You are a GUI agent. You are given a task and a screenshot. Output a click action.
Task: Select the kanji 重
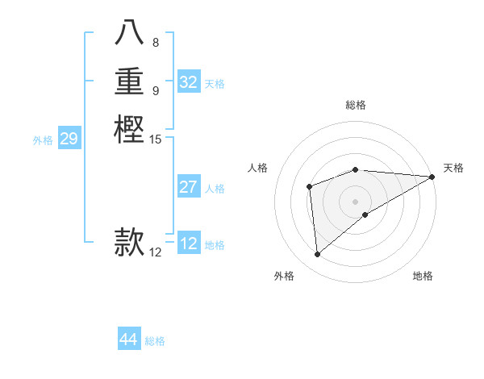(130, 82)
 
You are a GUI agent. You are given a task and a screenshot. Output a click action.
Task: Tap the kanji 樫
(130, 130)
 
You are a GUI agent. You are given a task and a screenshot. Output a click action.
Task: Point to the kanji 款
(130, 241)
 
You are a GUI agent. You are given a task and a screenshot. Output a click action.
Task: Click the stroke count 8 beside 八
(156, 43)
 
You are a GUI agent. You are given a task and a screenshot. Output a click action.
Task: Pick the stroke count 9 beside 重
(156, 90)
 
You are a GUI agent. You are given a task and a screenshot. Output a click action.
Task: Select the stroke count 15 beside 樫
(156, 140)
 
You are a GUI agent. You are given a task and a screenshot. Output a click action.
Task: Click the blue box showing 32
(189, 82)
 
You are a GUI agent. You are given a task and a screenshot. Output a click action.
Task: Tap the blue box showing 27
(189, 187)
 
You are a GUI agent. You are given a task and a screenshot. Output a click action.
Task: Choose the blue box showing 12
(189, 244)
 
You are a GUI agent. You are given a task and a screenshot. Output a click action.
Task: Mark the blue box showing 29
(69, 139)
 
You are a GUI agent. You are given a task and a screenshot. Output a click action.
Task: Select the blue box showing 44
(129, 339)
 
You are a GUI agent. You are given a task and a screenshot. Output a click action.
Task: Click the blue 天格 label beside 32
(215, 83)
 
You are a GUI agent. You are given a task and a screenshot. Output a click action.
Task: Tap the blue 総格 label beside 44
(155, 341)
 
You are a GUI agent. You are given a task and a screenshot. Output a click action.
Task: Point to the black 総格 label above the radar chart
(356, 105)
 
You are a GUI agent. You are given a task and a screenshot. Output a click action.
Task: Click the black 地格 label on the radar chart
(423, 276)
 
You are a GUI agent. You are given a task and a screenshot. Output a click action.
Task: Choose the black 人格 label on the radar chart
(258, 168)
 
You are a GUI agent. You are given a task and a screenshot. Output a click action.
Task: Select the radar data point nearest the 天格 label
(432, 177)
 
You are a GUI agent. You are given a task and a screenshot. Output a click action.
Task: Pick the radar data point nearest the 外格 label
(318, 254)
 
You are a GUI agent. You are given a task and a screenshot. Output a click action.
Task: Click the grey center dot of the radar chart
(356, 201)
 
